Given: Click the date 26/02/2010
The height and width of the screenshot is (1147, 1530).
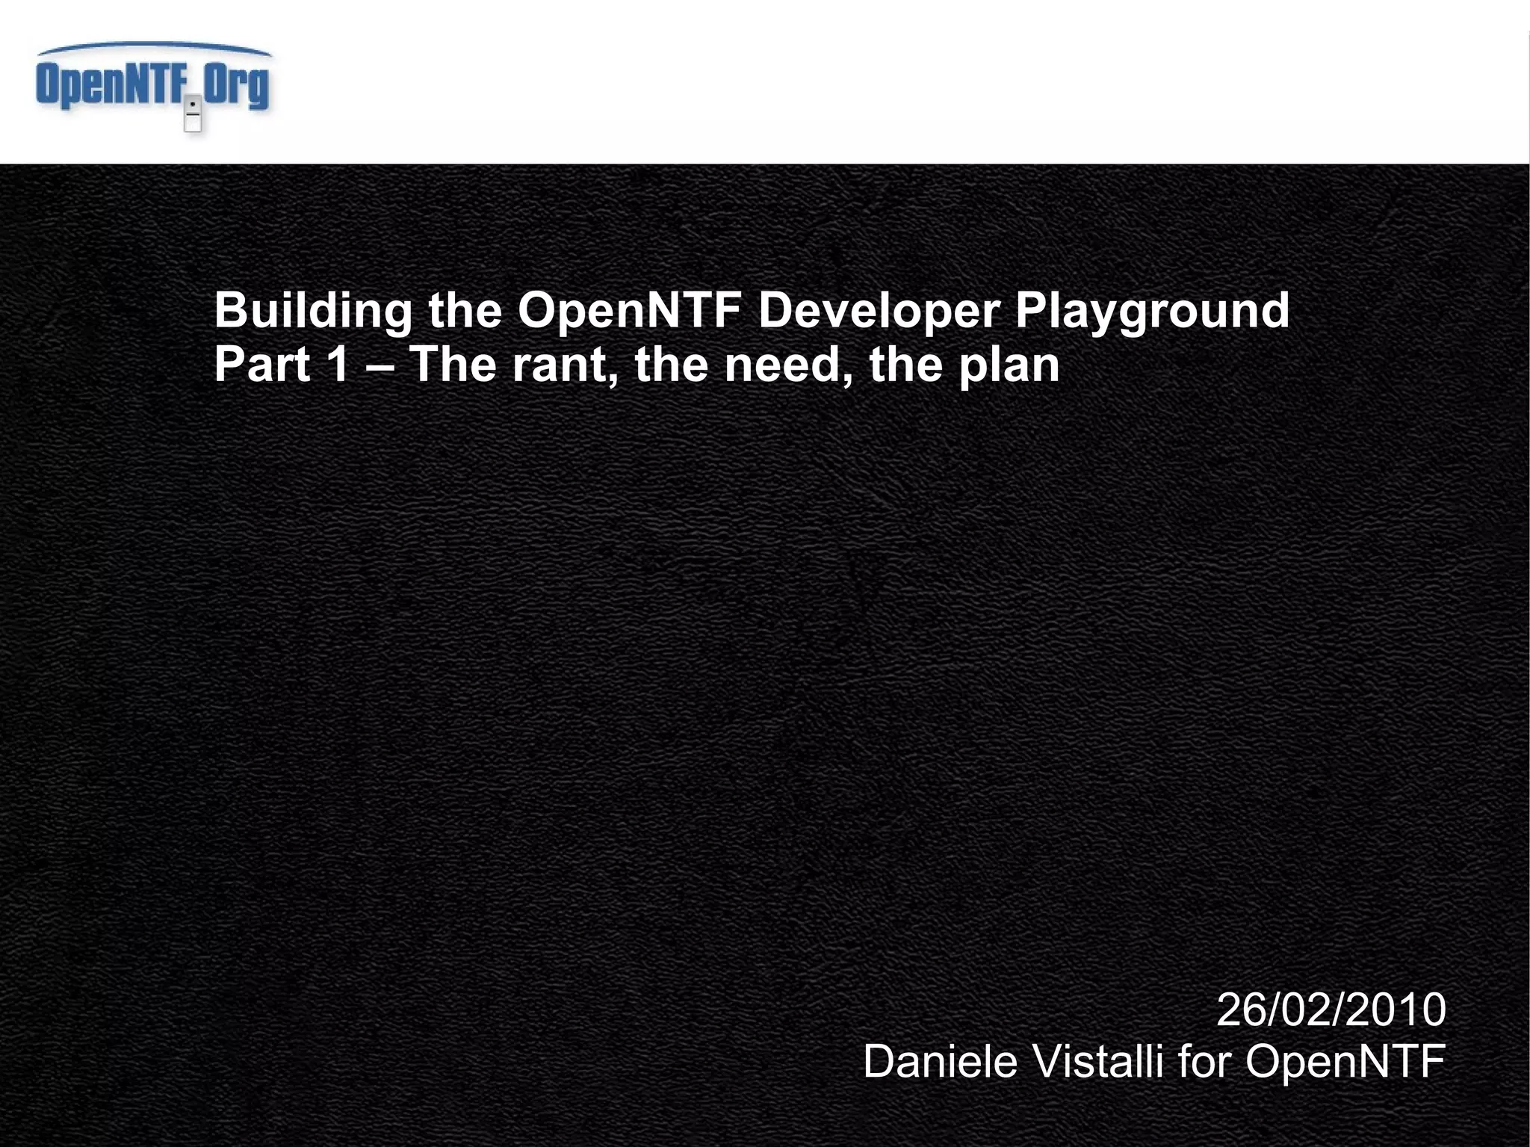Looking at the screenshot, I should click(x=1331, y=1010).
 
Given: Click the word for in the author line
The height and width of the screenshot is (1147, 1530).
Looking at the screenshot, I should click(x=1204, y=1062).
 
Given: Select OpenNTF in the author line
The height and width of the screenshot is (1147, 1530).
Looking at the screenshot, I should click(x=1345, y=1062).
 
